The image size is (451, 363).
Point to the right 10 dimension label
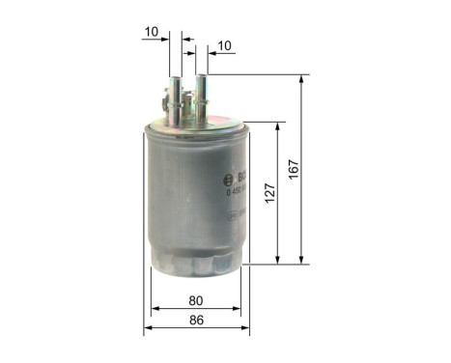225,46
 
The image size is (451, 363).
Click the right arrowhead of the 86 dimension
246,329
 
